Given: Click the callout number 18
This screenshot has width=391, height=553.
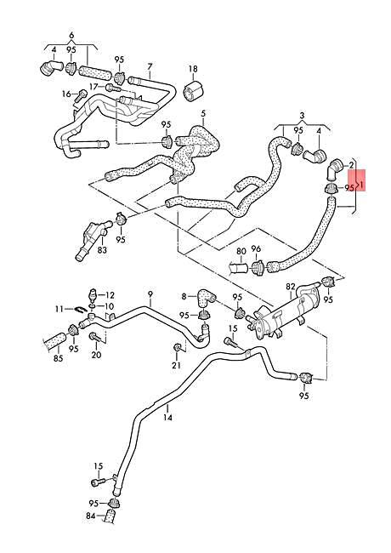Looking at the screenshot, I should (x=192, y=69).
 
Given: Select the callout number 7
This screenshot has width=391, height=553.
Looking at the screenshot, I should (x=150, y=66).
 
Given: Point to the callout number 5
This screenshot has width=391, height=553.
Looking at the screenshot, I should (x=203, y=113).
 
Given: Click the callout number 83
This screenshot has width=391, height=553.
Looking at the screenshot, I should (x=102, y=250).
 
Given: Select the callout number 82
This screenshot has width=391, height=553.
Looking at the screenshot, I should (x=290, y=288).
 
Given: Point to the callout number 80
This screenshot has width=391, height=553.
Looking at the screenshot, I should (x=241, y=252).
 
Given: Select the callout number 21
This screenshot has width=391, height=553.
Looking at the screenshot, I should (x=176, y=365).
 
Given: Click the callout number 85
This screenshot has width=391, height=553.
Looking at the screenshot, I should (x=58, y=359).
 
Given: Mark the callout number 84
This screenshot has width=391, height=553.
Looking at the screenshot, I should (x=90, y=515).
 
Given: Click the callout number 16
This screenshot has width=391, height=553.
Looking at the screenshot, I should (x=65, y=94).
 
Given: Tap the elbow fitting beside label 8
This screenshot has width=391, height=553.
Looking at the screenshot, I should (x=202, y=298).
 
